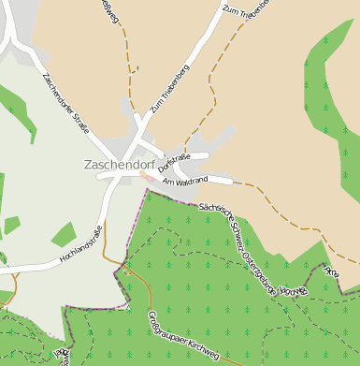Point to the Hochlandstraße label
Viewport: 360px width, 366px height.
click(x=80, y=246)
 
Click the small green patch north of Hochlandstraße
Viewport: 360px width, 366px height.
click(x=63, y=234)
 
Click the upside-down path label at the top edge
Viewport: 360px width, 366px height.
click(x=110, y=11)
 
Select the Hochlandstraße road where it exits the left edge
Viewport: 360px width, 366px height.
click(x=4, y=271)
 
